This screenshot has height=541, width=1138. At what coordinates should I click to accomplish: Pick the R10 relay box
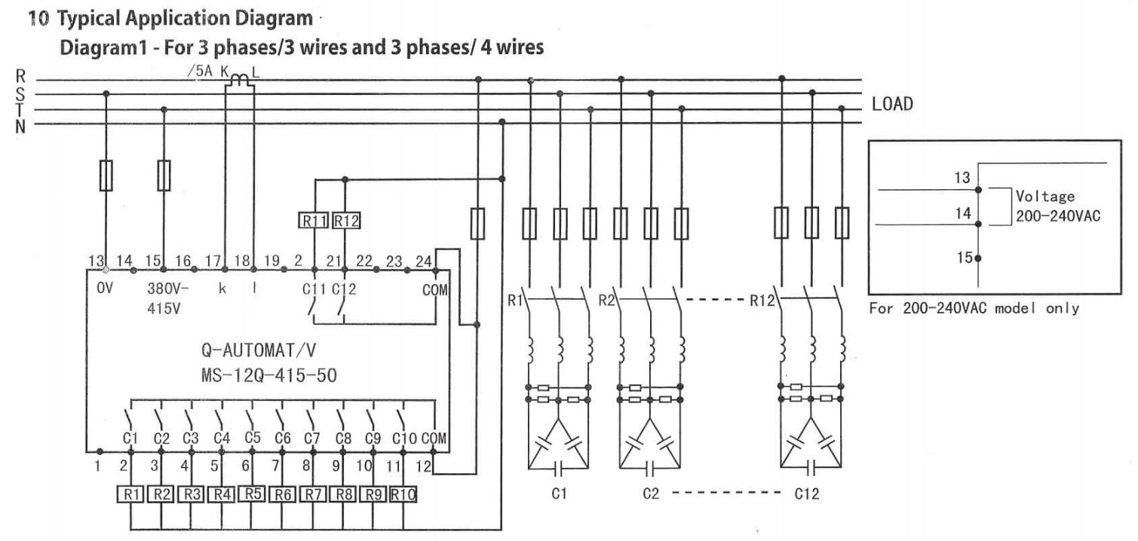[x=403, y=494]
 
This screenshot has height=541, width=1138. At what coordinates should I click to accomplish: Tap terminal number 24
[x=424, y=261]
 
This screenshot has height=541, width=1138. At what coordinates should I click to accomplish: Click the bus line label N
[x=20, y=125]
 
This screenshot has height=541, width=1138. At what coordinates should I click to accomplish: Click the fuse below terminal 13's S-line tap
[x=106, y=175]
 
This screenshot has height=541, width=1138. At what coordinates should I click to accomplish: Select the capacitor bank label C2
[x=651, y=495]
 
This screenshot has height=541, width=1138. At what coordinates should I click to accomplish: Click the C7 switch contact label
[x=311, y=437]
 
